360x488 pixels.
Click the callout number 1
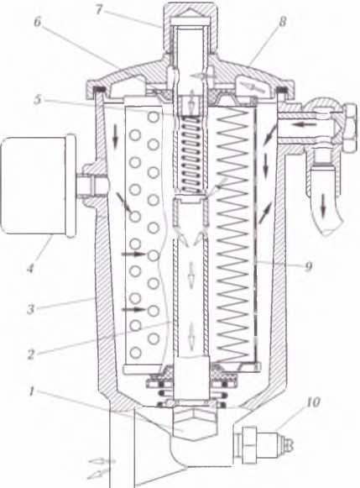(x=31, y=392)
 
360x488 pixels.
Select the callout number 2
(x=30, y=354)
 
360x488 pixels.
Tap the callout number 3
(x=30, y=309)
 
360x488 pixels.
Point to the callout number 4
(x=30, y=268)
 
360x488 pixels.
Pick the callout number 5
(x=37, y=100)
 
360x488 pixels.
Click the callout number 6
(x=37, y=23)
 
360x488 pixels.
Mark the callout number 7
(x=98, y=9)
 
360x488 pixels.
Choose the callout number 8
(x=282, y=22)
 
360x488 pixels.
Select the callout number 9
(x=309, y=266)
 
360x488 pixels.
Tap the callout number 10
(x=313, y=402)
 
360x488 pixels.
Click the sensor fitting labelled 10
(x=263, y=444)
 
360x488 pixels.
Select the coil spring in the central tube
(x=190, y=154)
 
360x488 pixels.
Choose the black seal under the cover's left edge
(x=100, y=90)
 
